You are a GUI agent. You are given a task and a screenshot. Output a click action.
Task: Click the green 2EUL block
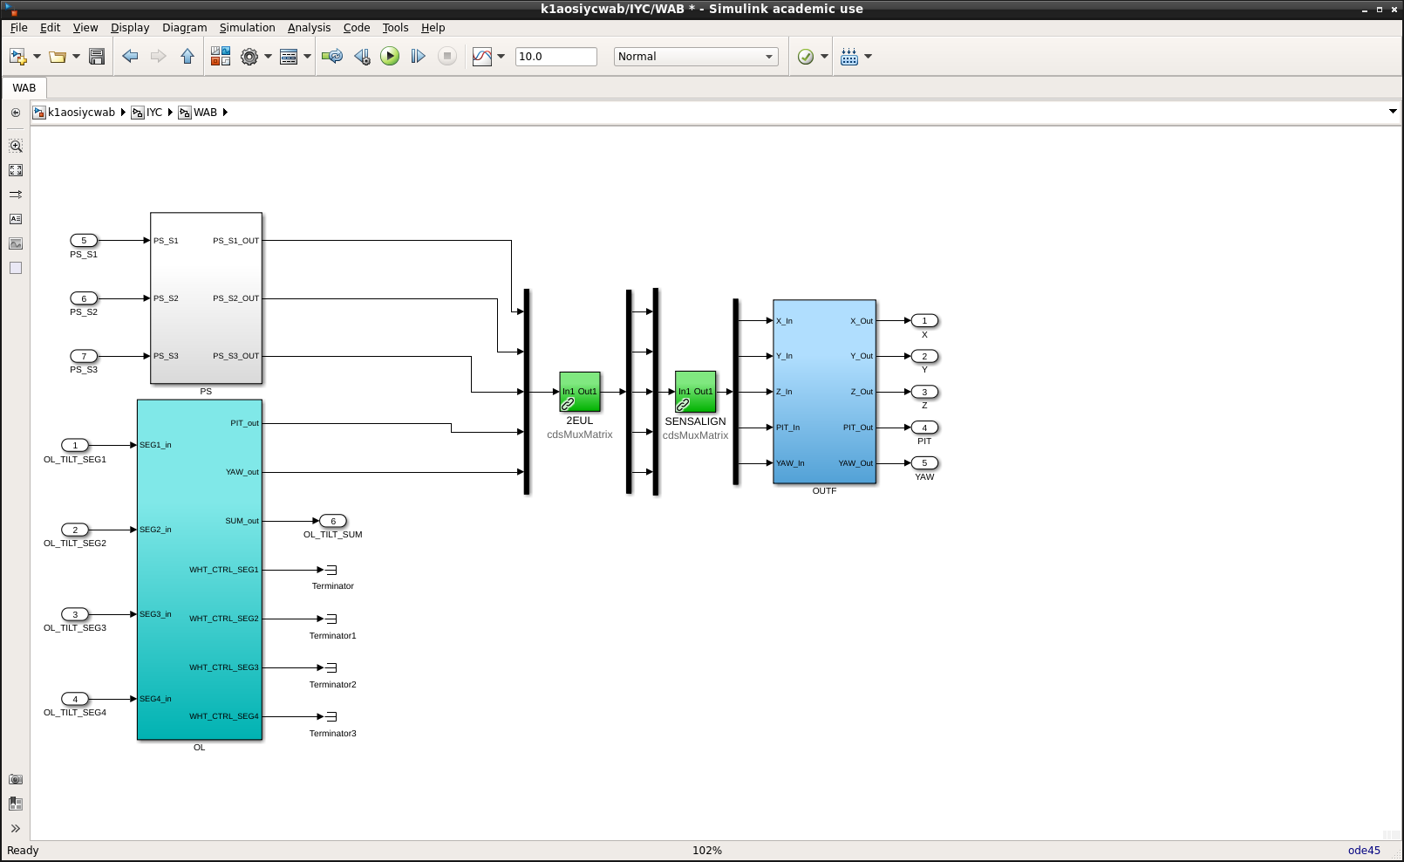click(x=580, y=392)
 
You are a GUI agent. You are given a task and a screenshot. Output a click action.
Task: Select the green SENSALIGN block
click(x=695, y=392)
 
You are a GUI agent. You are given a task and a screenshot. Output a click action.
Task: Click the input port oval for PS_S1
click(x=84, y=240)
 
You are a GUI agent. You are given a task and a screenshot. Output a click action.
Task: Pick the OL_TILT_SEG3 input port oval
click(x=75, y=614)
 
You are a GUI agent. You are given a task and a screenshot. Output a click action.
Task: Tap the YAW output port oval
click(x=924, y=463)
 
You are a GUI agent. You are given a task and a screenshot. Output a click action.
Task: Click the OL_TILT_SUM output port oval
click(x=333, y=521)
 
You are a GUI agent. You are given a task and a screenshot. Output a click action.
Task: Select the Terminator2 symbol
click(x=331, y=667)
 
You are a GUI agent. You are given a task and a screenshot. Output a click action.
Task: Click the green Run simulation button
click(x=390, y=57)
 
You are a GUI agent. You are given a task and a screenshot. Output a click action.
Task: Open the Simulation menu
click(x=247, y=28)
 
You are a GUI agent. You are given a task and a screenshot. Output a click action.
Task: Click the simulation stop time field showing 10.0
click(x=556, y=57)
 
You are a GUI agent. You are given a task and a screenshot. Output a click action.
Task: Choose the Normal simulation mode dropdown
click(x=696, y=57)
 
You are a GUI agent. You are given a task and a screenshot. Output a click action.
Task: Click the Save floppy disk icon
click(x=97, y=57)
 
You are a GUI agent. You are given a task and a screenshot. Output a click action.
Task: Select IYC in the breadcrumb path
click(x=154, y=113)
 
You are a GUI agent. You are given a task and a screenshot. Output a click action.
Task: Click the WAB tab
click(x=24, y=88)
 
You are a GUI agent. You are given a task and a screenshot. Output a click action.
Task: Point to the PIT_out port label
click(x=244, y=423)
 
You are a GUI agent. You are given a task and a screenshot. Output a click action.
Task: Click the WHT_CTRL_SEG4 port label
click(x=224, y=716)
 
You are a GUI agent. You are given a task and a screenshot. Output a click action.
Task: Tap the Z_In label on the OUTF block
click(x=784, y=392)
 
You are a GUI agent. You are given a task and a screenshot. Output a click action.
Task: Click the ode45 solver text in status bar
click(x=1364, y=850)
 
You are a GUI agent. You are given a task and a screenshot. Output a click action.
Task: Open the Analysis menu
click(x=309, y=28)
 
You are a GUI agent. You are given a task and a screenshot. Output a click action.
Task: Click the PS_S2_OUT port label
click(x=235, y=298)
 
